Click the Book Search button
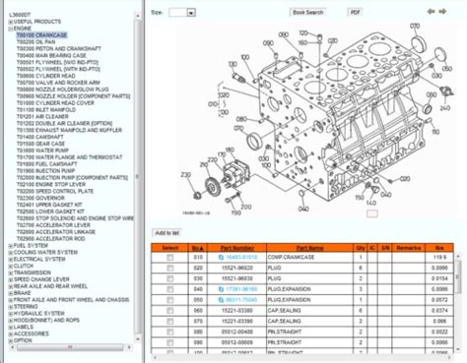[x=307, y=13]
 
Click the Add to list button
[x=167, y=233]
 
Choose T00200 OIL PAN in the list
[x=35, y=42]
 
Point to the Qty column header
[x=360, y=246]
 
